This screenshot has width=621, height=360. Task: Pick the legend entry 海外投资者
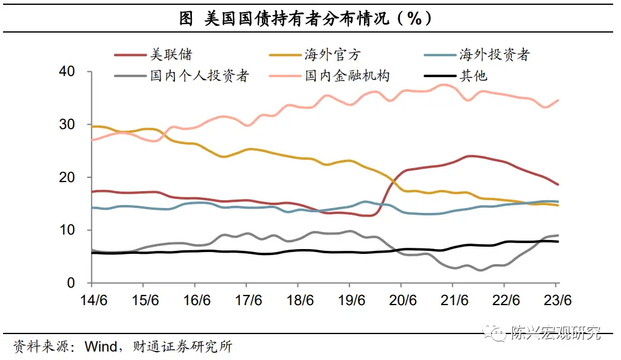(494, 55)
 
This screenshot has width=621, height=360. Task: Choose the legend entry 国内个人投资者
(199, 76)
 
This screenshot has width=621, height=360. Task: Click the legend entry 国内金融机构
(347, 76)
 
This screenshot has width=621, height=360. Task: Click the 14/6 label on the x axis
(91, 300)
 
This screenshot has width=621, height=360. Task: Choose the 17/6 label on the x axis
(247, 300)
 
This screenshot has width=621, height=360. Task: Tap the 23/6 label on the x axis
(558, 300)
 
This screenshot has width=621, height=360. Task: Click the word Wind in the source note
(99, 347)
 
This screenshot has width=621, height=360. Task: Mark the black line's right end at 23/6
(558, 241)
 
